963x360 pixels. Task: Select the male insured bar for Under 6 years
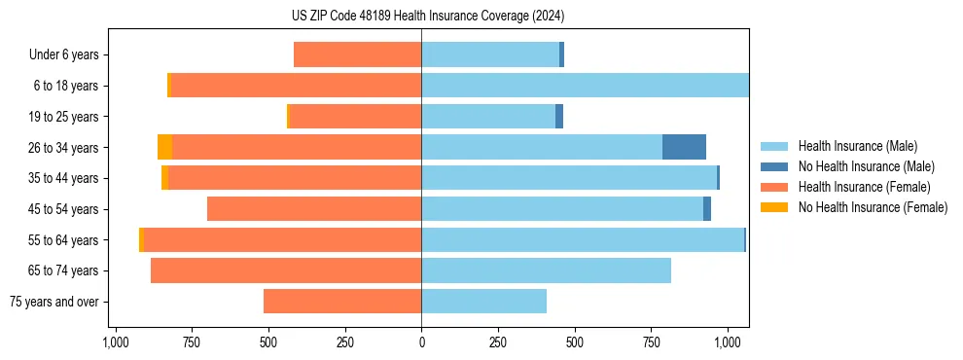pyautogui.click(x=490, y=54)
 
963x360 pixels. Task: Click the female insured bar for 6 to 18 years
pyautogui.click(x=296, y=86)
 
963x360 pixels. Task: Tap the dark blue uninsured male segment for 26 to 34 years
pyautogui.click(x=684, y=147)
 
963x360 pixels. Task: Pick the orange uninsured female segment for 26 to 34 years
pyautogui.click(x=164, y=147)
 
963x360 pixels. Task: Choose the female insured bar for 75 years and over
pyautogui.click(x=342, y=302)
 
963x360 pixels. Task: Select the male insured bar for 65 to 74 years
pyautogui.click(x=546, y=270)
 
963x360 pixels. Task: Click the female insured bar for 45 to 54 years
pyautogui.click(x=314, y=209)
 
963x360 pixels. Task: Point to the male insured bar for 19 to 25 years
pyautogui.click(x=488, y=117)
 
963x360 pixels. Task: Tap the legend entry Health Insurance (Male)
pyautogui.click(x=857, y=146)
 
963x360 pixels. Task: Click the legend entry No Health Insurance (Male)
pyautogui.click(x=866, y=166)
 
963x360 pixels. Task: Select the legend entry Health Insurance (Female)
pyautogui.click(x=864, y=187)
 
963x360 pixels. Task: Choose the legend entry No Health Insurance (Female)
pyautogui.click(x=873, y=207)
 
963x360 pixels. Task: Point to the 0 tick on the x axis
pyautogui.click(x=421, y=342)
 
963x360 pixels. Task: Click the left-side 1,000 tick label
pyautogui.click(x=115, y=342)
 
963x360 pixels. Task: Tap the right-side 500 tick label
pyautogui.click(x=574, y=342)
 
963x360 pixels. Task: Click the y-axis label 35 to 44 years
pyautogui.click(x=63, y=178)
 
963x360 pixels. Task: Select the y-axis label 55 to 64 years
pyautogui.click(x=63, y=240)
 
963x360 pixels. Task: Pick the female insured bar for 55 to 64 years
pyautogui.click(x=282, y=240)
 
